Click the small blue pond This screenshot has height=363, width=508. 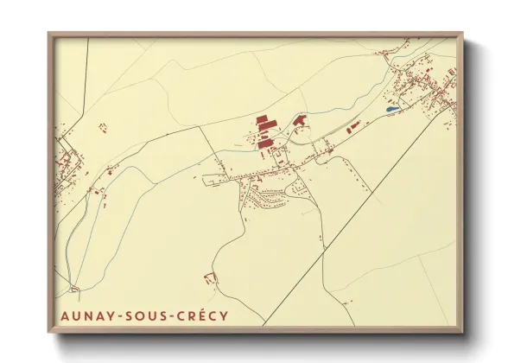pos(392,111)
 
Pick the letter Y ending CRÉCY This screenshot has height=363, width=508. pos(225,316)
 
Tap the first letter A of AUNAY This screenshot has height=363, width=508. pos(66,316)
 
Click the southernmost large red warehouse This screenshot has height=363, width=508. pos(266,142)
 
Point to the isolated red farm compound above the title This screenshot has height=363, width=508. pos(208,278)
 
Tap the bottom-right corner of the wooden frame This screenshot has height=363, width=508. pos(462,332)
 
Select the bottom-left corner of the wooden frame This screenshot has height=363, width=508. pos(49,332)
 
